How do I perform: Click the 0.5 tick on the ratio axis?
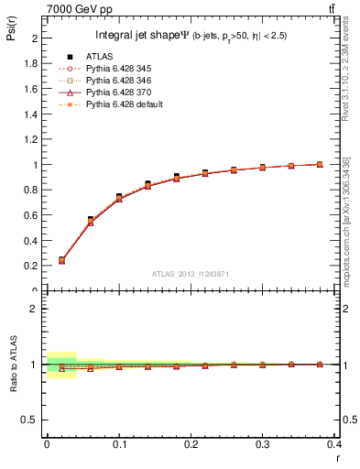coord(34,420)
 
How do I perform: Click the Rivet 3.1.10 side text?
coord(345,73)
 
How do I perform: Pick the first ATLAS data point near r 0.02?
coord(61,260)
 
